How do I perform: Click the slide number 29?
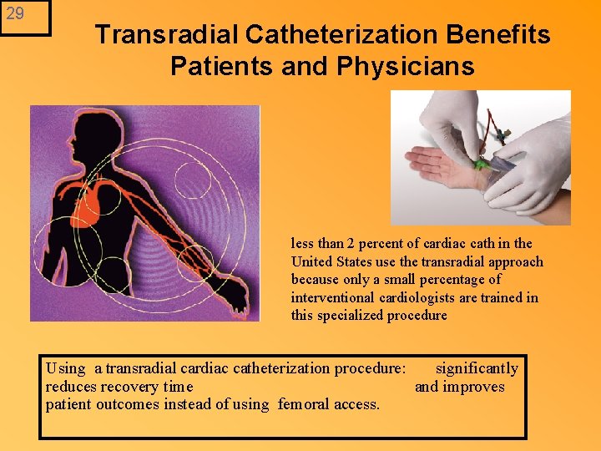click(16, 14)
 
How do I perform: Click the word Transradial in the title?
click(168, 35)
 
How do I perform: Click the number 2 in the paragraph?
click(351, 244)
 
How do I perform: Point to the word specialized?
click(353, 316)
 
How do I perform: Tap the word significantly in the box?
click(477, 368)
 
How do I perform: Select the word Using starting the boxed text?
click(66, 368)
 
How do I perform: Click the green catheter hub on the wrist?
click(482, 164)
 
